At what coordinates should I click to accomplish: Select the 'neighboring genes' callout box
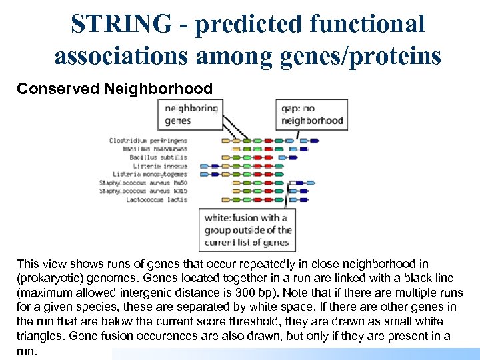coord(191,114)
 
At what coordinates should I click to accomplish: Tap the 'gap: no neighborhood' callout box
coord(312,114)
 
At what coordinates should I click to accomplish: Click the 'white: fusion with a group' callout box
coord(247,230)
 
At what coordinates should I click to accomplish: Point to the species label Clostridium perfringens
coord(148,141)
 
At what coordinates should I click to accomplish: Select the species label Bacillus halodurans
coord(155,149)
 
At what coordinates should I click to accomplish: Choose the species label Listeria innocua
coord(160,165)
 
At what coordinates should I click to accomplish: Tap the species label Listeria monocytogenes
coord(150,173)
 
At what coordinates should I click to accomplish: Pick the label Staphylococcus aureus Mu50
coord(143,182)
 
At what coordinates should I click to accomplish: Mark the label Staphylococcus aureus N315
coord(143,190)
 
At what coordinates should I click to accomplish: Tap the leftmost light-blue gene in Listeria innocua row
coord(205,165)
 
